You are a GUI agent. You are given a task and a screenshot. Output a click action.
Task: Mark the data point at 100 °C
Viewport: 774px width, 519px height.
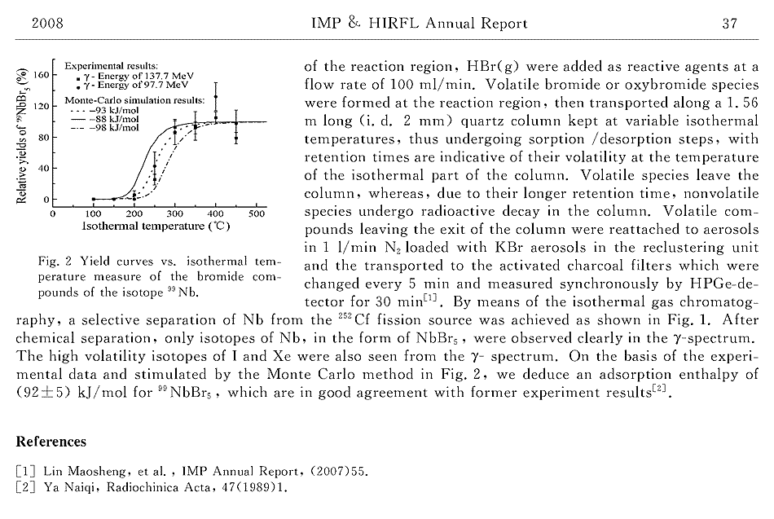(x=94, y=199)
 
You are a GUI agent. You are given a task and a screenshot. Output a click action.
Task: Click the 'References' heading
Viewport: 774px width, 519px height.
(x=51, y=442)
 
